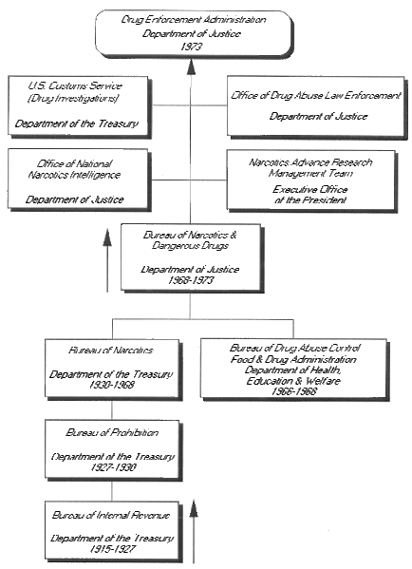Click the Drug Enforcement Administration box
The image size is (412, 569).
(x=194, y=33)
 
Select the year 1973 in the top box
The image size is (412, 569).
(x=191, y=47)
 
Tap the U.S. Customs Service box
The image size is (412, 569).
(x=79, y=106)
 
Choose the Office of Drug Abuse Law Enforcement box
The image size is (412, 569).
(x=317, y=106)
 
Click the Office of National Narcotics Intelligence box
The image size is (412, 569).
(x=79, y=180)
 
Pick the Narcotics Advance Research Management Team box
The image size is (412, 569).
(x=312, y=180)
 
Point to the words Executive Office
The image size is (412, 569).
(x=310, y=189)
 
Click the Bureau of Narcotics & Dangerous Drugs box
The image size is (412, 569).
(x=192, y=257)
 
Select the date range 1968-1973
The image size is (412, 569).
(x=191, y=280)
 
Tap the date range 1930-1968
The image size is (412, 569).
(x=112, y=385)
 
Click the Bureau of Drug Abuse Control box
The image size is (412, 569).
(x=294, y=370)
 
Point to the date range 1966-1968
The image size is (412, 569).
(x=294, y=391)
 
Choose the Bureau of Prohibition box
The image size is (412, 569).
(x=113, y=450)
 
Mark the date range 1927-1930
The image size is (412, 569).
(x=113, y=467)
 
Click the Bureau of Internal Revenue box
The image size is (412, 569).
(x=113, y=531)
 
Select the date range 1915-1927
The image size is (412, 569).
(x=112, y=549)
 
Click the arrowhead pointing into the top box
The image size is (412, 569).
(x=191, y=67)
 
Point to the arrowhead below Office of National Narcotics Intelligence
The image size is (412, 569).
(x=107, y=237)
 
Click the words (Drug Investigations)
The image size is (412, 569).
(x=73, y=98)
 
